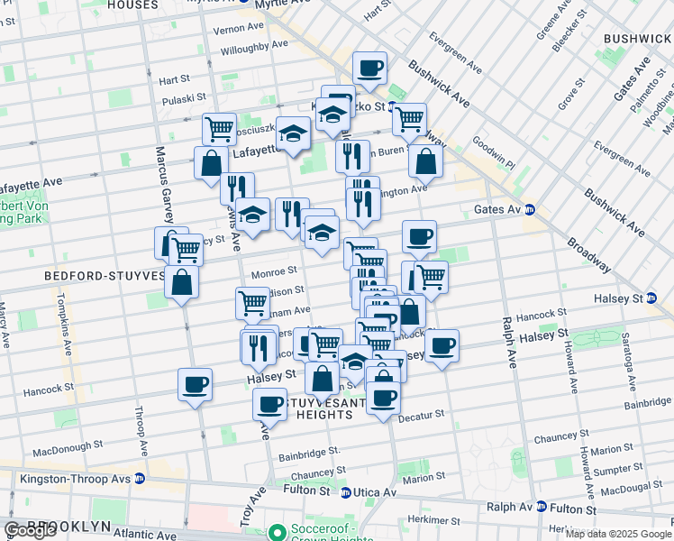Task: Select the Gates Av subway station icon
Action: [x=531, y=209]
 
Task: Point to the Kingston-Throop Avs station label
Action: [x=69, y=478]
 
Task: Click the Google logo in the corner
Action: [x=31, y=530]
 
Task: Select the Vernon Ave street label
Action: [x=211, y=29]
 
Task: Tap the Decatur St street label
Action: [x=422, y=414]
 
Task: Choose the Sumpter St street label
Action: [x=612, y=470]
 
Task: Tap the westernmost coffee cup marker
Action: [x=195, y=386]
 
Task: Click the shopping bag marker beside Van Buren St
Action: [x=425, y=162]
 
